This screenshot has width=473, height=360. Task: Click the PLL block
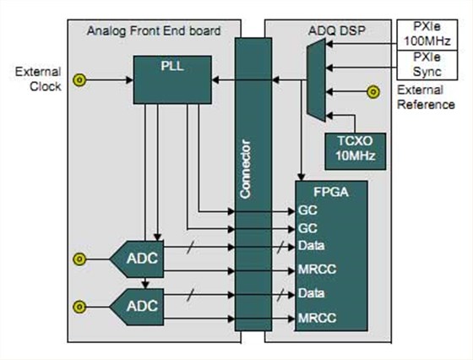coord(172,79)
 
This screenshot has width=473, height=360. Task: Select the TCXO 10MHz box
coord(356,151)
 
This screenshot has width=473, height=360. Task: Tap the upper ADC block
coord(137,259)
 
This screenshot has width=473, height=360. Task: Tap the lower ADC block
coord(137,307)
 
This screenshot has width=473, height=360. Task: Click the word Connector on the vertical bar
coord(245,169)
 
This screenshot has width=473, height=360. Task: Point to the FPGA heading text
coord(331,192)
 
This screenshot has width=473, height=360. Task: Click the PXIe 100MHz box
coord(427,35)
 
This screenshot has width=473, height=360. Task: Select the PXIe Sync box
coord(427,65)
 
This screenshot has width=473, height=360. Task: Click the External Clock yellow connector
coord(79,80)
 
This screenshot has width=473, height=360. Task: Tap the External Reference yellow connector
coord(373,92)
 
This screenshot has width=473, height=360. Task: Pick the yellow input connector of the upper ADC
coord(79,259)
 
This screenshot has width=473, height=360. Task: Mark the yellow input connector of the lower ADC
coord(79,307)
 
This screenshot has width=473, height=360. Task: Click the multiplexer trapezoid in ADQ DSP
coord(317,80)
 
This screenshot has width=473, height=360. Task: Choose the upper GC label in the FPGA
coord(307,210)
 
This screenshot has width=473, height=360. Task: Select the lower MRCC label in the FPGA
coord(317,318)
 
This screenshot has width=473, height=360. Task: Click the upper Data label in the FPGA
coord(312,246)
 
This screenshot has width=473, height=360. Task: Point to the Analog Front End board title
coord(154,31)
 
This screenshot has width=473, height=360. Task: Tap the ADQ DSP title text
coord(337,30)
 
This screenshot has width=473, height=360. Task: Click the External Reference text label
coord(426,97)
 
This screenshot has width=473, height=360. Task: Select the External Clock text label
coord(38,79)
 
